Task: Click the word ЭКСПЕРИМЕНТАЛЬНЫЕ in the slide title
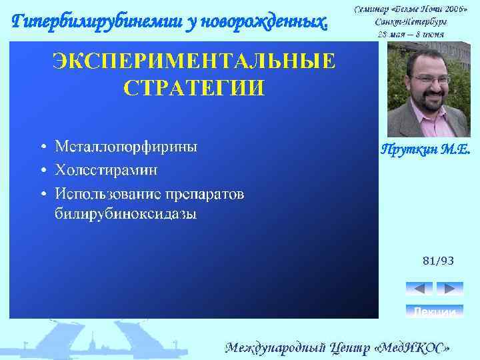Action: tap(193, 61)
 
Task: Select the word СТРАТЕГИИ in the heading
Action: tap(193, 87)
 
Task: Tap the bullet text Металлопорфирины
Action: tap(126, 147)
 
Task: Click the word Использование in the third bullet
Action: tap(107, 193)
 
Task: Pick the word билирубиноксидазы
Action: tap(125, 215)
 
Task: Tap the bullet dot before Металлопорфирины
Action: tap(43, 147)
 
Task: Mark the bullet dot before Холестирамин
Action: tap(43, 171)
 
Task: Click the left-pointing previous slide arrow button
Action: tap(419, 289)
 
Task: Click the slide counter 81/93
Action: tap(438, 261)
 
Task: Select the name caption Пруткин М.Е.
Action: tap(425, 151)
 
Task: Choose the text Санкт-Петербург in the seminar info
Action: tap(411, 21)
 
